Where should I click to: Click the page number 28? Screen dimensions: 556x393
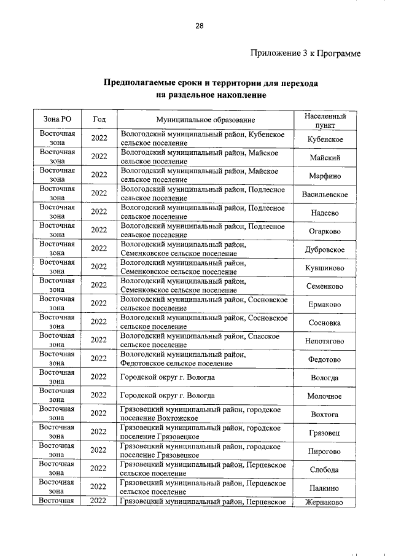tap(200, 26)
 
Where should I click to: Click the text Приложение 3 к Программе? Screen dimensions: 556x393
tap(305, 54)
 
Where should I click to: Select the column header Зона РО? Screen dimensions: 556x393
tap(58, 120)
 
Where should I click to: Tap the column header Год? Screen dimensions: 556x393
tap(99, 120)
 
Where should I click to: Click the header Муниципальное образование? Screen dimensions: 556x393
tap(205, 120)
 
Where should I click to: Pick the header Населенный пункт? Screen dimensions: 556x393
tap(325, 120)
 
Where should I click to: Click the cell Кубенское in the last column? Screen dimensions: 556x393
tap(325, 139)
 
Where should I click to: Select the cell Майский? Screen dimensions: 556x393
tap(325, 158)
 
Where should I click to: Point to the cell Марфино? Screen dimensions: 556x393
tap(325, 176)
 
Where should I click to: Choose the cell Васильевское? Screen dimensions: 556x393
tap(325, 195)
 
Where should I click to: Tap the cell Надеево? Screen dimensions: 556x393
tap(325, 213)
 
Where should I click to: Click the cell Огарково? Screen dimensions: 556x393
tap(325, 231)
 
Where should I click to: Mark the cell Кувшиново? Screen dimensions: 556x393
tap(325, 268)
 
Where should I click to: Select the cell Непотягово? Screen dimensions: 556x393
tap(325, 341)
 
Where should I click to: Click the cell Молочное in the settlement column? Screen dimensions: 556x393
tap(325, 396)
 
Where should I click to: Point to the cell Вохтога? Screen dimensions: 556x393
tap(325, 415)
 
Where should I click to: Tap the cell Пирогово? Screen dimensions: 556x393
tap(325, 451)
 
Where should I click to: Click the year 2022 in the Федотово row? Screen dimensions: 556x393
tap(99, 359)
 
